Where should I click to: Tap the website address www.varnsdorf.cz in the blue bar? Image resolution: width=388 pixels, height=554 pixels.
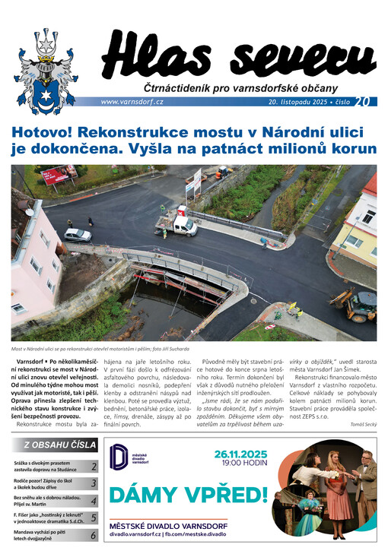click(130, 102)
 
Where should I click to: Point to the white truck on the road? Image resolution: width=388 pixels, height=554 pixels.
click(177, 223)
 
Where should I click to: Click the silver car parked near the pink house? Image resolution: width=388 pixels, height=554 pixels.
click(77, 235)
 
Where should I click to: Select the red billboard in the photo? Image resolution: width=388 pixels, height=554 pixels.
click(59, 176)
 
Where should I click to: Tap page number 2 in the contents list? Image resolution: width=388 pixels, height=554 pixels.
click(93, 467)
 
